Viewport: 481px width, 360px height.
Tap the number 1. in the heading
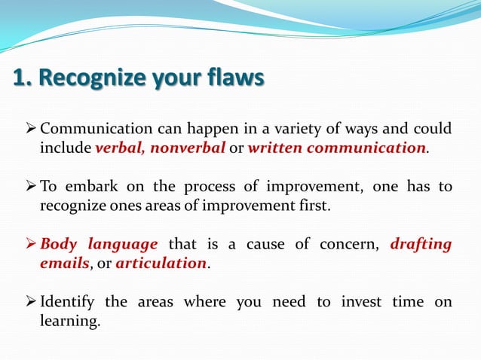pyautogui.click(x=22, y=78)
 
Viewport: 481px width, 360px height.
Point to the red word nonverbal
pyautogui.click(x=188, y=148)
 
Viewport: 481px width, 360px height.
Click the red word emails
pyautogui.click(x=64, y=264)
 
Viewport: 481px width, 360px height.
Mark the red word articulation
pyautogui.click(x=161, y=264)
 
